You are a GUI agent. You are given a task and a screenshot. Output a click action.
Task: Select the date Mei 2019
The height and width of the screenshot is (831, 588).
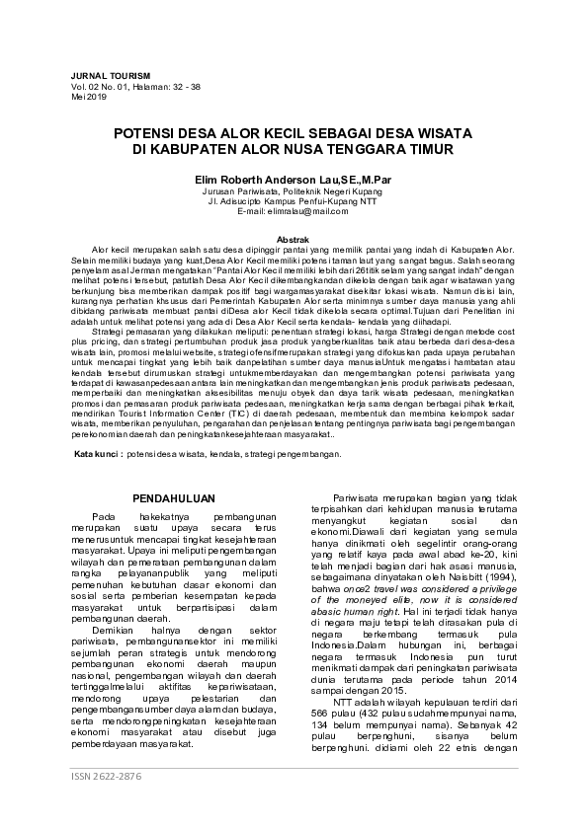(x=87, y=96)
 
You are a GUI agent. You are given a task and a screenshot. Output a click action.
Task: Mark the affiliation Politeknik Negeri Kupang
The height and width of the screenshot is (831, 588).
(x=333, y=191)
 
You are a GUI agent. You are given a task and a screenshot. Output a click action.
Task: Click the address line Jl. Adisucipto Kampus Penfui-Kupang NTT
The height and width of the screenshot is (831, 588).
(x=294, y=201)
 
